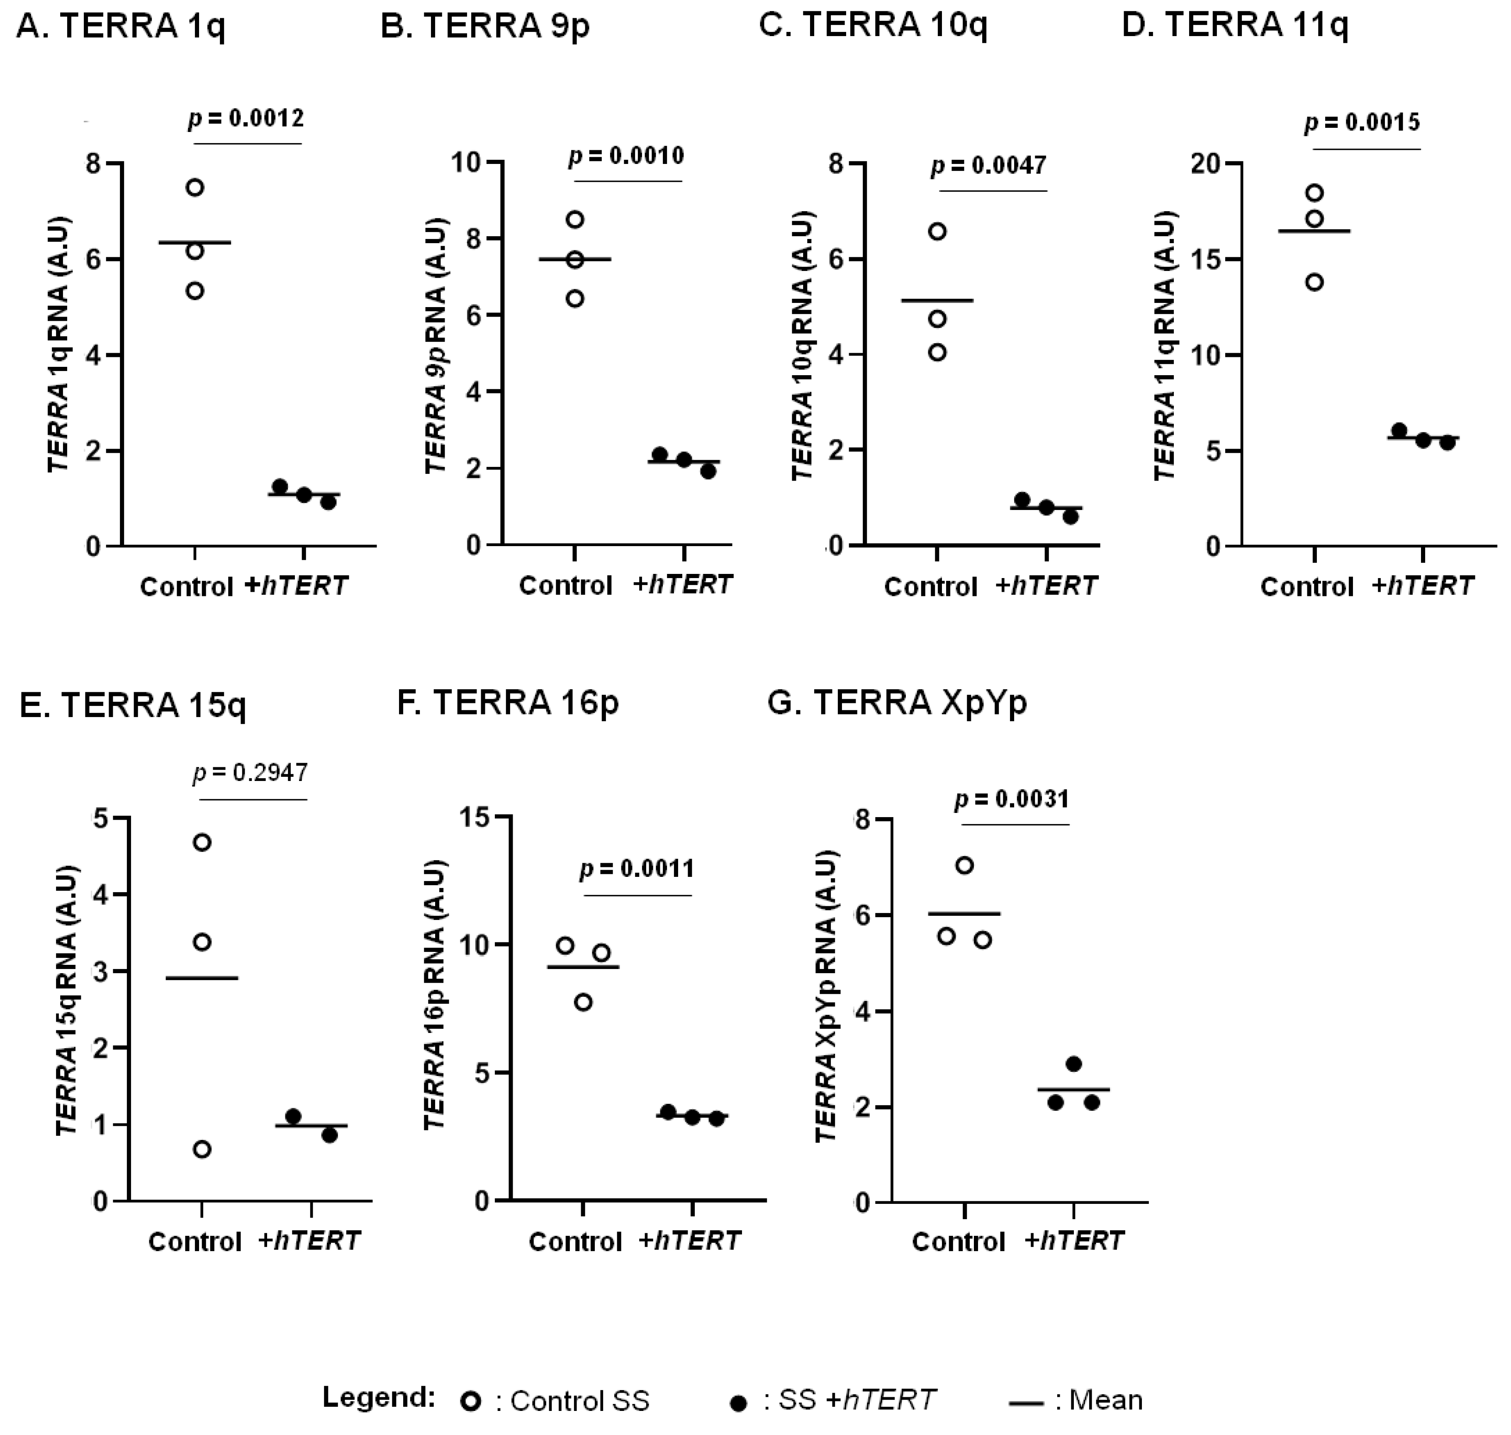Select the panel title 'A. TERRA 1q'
click(x=121, y=27)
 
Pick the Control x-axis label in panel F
click(x=575, y=1242)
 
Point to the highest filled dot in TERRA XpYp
click(x=1073, y=1064)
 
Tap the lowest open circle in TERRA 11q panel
click(x=1314, y=282)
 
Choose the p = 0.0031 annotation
click(x=1011, y=799)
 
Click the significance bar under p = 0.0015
click(x=1367, y=149)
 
